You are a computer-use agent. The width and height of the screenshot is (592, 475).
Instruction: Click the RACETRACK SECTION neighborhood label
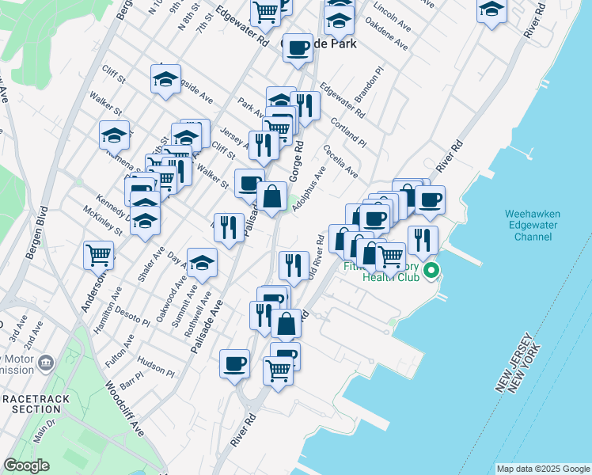[29, 403]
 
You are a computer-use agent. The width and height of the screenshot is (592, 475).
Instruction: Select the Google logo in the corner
[26, 465]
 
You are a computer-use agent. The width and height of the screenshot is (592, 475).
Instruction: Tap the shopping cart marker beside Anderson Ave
[99, 255]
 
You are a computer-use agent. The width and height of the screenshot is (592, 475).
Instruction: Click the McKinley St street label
[103, 221]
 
